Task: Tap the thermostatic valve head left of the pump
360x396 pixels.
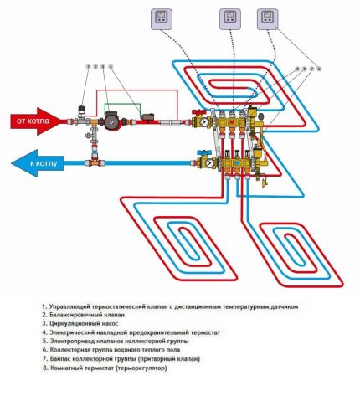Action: tap(82, 107)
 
